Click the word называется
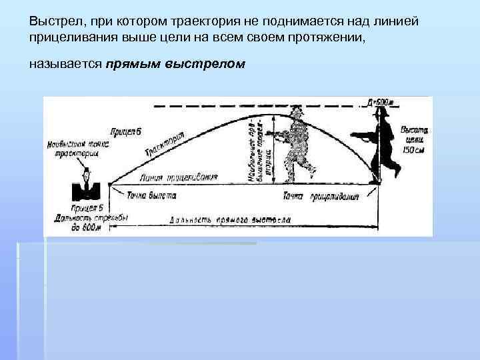64,65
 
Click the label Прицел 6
127,131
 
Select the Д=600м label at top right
380,102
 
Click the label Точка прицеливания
321,196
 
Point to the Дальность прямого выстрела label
230,219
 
